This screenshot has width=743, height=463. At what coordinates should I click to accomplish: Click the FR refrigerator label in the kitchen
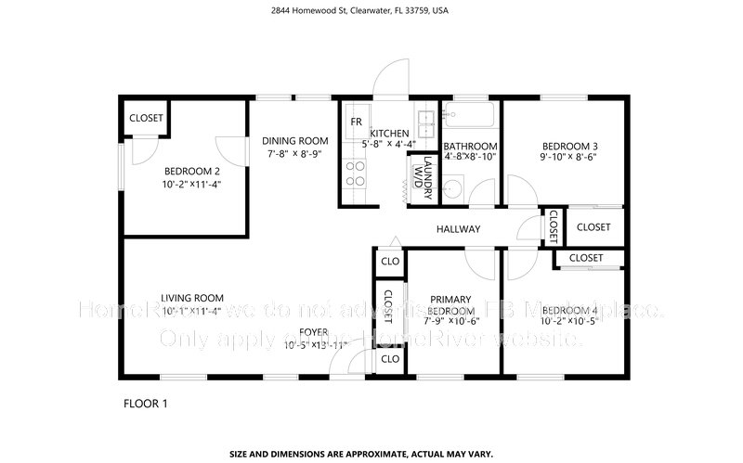pos(356,122)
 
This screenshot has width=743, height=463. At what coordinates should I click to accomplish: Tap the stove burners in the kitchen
pos(356,174)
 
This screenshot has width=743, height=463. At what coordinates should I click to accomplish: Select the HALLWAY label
pos(458,229)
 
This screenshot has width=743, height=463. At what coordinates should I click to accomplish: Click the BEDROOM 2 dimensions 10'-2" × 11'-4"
pos(192,184)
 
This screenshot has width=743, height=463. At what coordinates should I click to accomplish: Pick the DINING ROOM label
pos(293,140)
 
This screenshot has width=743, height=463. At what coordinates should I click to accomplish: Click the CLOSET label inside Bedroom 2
pos(146,118)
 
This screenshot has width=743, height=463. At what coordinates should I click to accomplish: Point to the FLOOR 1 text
pos(146,404)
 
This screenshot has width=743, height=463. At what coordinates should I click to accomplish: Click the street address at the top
pos(371,11)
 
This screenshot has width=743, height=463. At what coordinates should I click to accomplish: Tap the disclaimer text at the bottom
pos(371,454)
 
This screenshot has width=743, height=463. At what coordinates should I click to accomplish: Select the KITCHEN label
pos(391,134)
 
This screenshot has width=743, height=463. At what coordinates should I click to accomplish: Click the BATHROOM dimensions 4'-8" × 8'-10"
pos(470,158)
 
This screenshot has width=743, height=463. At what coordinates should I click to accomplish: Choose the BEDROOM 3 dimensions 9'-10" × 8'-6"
pos(569,159)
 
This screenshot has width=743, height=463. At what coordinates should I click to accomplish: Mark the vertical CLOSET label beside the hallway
pos(553,224)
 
